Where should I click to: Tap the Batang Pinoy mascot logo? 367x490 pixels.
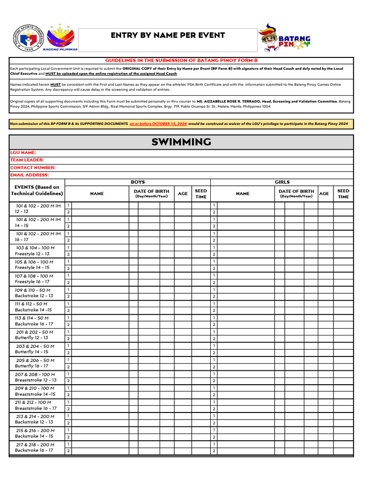[x=284, y=39]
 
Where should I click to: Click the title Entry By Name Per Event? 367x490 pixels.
[x=168, y=36]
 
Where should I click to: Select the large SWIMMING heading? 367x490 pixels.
[x=181, y=142]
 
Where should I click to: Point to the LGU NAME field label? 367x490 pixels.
[x=23, y=153]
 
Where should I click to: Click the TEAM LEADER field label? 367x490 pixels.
[x=27, y=160]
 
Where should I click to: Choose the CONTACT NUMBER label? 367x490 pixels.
[x=32, y=168]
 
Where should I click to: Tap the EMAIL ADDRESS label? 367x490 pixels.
[x=30, y=175]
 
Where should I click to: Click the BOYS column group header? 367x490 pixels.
[x=138, y=182]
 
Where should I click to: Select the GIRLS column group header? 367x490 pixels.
[x=282, y=182]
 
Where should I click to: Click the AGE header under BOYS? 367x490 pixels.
[x=183, y=194]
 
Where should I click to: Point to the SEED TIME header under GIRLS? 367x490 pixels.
[x=343, y=194]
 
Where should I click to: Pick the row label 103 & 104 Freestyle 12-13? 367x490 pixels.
[x=35, y=251]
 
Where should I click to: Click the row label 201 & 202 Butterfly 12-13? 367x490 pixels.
[x=34, y=335]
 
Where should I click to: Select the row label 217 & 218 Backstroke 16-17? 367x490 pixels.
[x=35, y=447]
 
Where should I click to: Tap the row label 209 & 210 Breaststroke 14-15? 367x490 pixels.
[x=35, y=391]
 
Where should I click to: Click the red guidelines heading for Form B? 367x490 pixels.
[x=181, y=61]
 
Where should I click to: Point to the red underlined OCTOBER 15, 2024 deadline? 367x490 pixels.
[x=158, y=123]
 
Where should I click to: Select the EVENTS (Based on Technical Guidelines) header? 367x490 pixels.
[x=37, y=190]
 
